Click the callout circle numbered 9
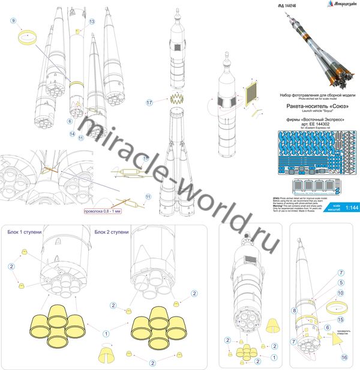coord(13,21)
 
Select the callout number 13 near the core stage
coord(92,21)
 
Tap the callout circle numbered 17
coord(149,103)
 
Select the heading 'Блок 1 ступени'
coord(24,232)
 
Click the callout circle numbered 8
coord(295,311)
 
